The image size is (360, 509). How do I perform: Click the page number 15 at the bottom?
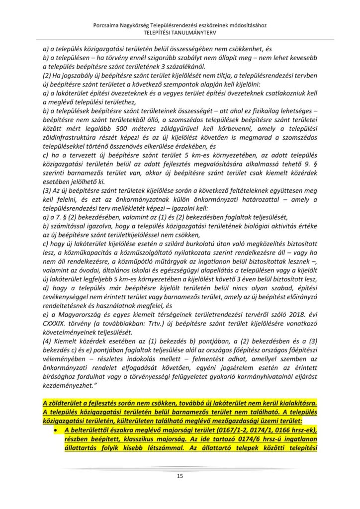(x=180, y=476)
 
